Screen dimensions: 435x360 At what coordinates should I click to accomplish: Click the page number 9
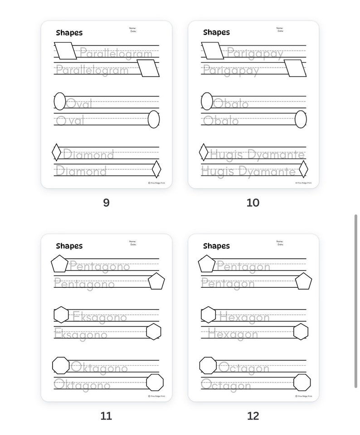pyautogui.click(x=106, y=203)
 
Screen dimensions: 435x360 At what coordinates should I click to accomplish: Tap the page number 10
pyautogui.click(x=253, y=203)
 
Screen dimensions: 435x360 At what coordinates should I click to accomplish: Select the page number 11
pyautogui.click(x=106, y=416)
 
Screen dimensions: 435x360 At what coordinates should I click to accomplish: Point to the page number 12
pyautogui.click(x=253, y=416)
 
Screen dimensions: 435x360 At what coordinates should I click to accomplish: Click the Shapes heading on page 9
pyautogui.click(x=69, y=33)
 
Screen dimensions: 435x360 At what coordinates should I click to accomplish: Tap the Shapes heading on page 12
pyautogui.click(x=216, y=246)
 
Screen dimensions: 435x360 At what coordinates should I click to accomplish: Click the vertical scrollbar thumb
pyautogui.click(x=356, y=301)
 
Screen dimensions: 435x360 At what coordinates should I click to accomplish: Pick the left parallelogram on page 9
pyautogui.click(x=65, y=51)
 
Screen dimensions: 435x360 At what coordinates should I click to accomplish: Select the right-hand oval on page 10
pyautogui.click(x=301, y=119)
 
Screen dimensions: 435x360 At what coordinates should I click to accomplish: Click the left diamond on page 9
pyautogui.click(x=56, y=152)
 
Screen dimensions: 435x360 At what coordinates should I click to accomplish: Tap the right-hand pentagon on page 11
pyautogui.click(x=156, y=281)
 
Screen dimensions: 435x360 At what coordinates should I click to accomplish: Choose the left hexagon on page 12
pyautogui.click(x=208, y=314)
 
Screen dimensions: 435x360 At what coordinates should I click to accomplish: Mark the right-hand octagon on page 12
pyautogui.click(x=302, y=382)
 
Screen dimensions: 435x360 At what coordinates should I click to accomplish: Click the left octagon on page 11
pyautogui.click(x=61, y=365)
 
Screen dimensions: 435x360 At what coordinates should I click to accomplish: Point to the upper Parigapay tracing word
pyautogui.click(x=255, y=53)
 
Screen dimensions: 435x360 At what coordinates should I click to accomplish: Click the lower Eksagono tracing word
pyautogui.click(x=81, y=334)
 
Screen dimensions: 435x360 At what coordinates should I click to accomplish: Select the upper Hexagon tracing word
pyautogui.click(x=244, y=317)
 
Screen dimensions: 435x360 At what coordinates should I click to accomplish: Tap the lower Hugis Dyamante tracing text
pyautogui.click(x=248, y=171)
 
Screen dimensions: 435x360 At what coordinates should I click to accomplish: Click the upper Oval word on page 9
pyautogui.click(x=79, y=104)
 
